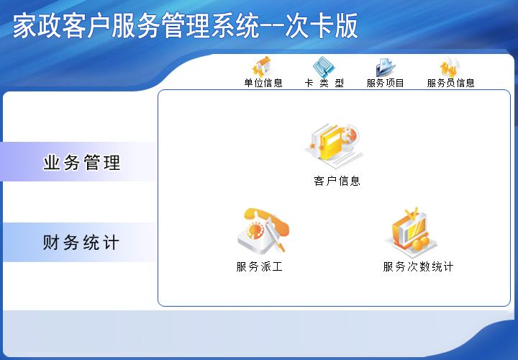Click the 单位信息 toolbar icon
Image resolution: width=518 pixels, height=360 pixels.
tap(263, 66)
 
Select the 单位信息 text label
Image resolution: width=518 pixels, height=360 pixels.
tap(263, 83)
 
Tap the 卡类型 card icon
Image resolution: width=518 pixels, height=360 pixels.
tap(324, 66)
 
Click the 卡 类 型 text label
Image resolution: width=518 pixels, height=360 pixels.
tap(324, 83)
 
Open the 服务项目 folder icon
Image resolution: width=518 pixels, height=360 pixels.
tap(386, 66)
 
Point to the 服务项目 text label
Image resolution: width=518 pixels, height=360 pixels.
tap(386, 83)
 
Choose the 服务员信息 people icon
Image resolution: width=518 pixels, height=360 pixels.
tap(450, 66)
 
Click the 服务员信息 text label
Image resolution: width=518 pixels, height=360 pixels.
tap(451, 83)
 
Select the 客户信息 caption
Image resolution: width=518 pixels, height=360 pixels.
tap(337, 181)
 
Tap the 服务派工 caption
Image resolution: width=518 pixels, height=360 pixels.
tap(260, 266)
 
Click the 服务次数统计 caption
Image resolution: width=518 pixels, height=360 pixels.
tap(418, 266)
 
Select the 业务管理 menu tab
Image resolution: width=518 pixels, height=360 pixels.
tap(81, 163)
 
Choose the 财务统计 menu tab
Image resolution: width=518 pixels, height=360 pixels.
tap(81, 243)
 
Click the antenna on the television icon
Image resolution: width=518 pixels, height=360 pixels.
tap(411, 213)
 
